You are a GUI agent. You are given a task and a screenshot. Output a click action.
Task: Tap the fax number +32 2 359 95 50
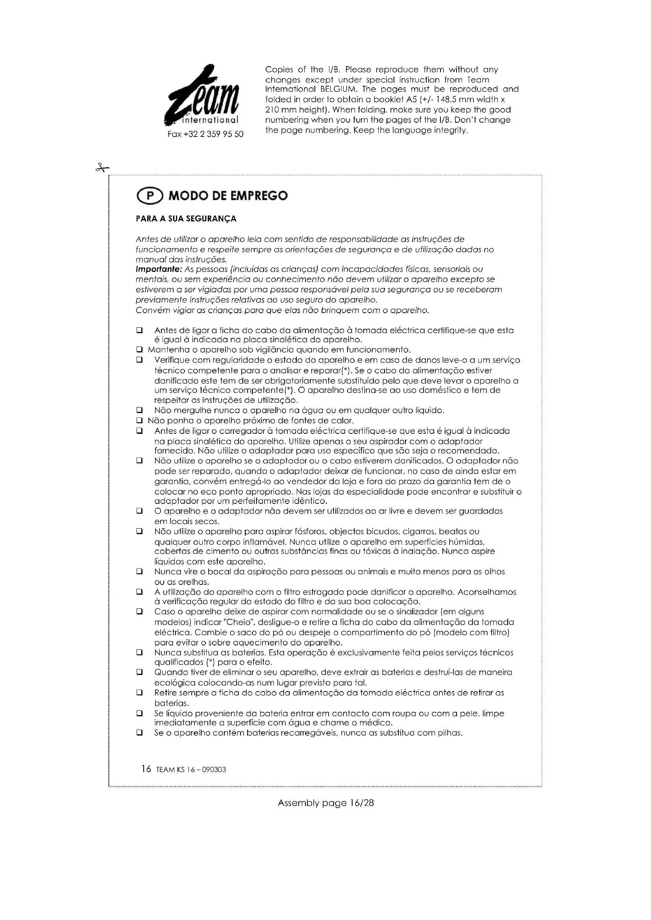pyautogui.click(x=205, y=134)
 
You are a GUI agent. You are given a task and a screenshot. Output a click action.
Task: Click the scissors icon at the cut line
pyautogui.click(x=102, y=168)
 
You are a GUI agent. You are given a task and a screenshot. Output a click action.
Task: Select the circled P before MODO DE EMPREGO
pyautogui.click(x=150, y=196)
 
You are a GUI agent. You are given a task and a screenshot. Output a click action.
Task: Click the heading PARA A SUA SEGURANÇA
pyautogui.click(x=186, y=219)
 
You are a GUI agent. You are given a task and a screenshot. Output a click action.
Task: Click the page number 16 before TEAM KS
pyautogui.click(x=146, y=769)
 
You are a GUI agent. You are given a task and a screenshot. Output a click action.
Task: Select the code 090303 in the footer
pyautogui.click(x=215, y=770)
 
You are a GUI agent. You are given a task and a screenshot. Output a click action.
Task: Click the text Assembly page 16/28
pyautogui.click(x=325, y=803)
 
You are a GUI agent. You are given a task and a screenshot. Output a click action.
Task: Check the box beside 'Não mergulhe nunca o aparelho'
pyautogui.click(x=139, y=410)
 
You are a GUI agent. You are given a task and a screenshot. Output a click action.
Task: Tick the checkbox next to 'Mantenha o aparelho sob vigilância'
pyautogui.click(x=139, y=350)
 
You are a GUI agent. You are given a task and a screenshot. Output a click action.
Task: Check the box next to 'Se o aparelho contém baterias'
pyautogui.click(x=139, y=733)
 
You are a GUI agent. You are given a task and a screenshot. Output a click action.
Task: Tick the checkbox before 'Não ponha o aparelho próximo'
pyautogui.click(x=139, y=421)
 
